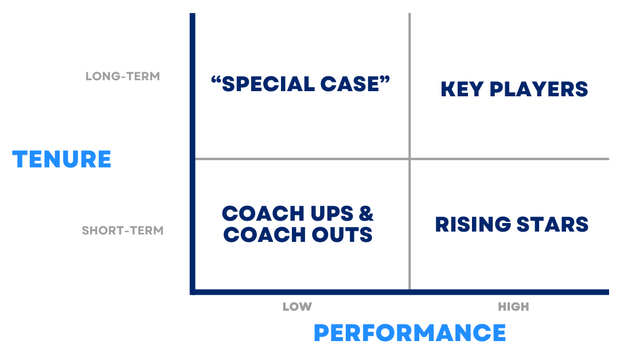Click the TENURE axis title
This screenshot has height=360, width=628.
pos(62,159)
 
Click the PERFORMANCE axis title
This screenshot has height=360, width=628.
pos(409,332)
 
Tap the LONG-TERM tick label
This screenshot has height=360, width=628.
pos(123,76)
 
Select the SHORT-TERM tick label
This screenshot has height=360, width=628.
pos(123,230)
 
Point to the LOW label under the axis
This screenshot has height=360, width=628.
pos(297,307)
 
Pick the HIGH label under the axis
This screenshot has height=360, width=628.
pos(513,307)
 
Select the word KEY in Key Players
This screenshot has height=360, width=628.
pos(462,89)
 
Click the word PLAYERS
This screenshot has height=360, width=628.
pos(539,89)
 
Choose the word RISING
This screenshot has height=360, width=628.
pos(473,224)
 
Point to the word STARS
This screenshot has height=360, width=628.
pos(553,224)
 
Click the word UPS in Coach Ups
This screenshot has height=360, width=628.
pos(332,213)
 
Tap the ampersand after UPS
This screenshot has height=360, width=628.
pos(366,213)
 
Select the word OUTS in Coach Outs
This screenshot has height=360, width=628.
pos(342,234)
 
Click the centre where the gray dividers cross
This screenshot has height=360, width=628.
pos(409,159)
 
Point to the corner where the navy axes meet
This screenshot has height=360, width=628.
pos(193,292)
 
